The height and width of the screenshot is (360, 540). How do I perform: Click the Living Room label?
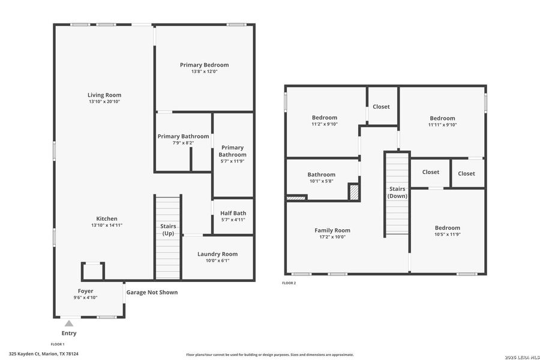(x=104, y=95)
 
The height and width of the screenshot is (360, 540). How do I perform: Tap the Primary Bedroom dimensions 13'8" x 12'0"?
(x=204, y=72)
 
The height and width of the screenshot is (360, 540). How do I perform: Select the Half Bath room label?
(x=233, y=213)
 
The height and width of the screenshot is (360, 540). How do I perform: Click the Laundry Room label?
(x=217, y=254)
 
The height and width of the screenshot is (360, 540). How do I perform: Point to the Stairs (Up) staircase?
(x=168, y=237)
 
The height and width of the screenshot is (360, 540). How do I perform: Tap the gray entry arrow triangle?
(x=69, y=323)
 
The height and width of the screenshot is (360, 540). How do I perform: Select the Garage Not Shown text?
(x=152, y=292)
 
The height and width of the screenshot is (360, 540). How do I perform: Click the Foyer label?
(x=85, y=291)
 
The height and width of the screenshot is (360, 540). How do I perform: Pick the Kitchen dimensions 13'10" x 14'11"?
(x=107, y=225)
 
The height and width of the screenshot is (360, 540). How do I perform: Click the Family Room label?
(x=332, y=230)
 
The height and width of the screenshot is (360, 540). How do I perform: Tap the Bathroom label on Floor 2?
(x=322, y=175)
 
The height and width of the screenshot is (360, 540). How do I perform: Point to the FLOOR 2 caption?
(x=289, y=283)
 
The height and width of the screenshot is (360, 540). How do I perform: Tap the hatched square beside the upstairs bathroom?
(x=354, y=192)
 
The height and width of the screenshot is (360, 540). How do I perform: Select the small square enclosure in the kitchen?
(x=93, y=271)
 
